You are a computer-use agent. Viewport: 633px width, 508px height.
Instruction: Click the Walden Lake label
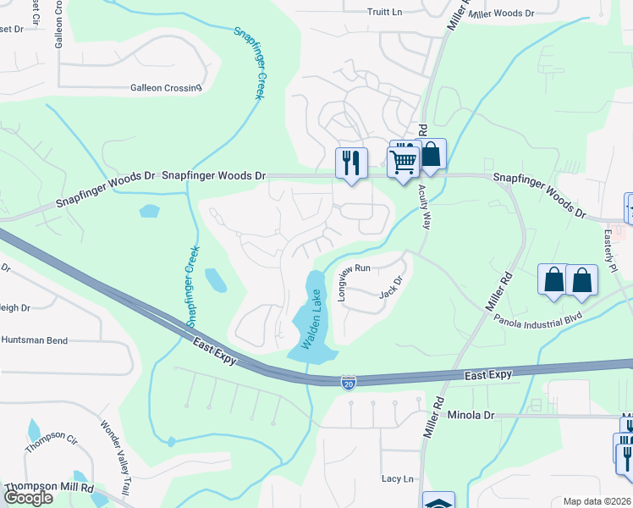311,317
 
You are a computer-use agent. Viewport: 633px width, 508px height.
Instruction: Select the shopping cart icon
404,160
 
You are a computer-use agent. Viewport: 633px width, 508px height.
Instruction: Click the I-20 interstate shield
349,382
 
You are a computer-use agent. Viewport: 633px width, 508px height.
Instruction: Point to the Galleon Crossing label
166,87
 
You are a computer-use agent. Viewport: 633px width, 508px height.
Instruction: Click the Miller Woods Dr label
502,14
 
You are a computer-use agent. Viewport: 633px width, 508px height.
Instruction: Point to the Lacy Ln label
398,478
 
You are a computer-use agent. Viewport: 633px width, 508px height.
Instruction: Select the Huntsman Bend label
34,340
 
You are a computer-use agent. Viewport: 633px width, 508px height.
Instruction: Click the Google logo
28,498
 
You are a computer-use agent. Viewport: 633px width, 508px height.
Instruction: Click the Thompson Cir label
51,441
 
